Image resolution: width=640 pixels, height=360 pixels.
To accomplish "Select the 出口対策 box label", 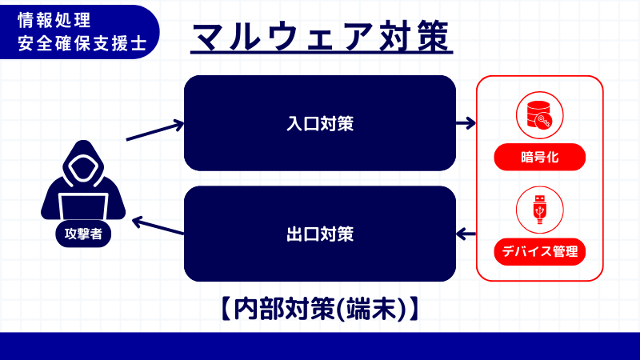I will pos(320,234).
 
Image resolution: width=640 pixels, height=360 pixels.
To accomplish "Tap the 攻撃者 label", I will pos(83,234).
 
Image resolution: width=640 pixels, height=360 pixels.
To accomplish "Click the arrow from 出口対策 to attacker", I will pos(158,226).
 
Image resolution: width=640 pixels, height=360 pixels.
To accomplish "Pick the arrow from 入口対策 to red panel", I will pos(466,124).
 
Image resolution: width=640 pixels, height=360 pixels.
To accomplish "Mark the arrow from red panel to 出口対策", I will pos(466,234).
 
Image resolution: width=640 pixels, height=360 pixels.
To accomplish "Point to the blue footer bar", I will pos(320,346).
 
